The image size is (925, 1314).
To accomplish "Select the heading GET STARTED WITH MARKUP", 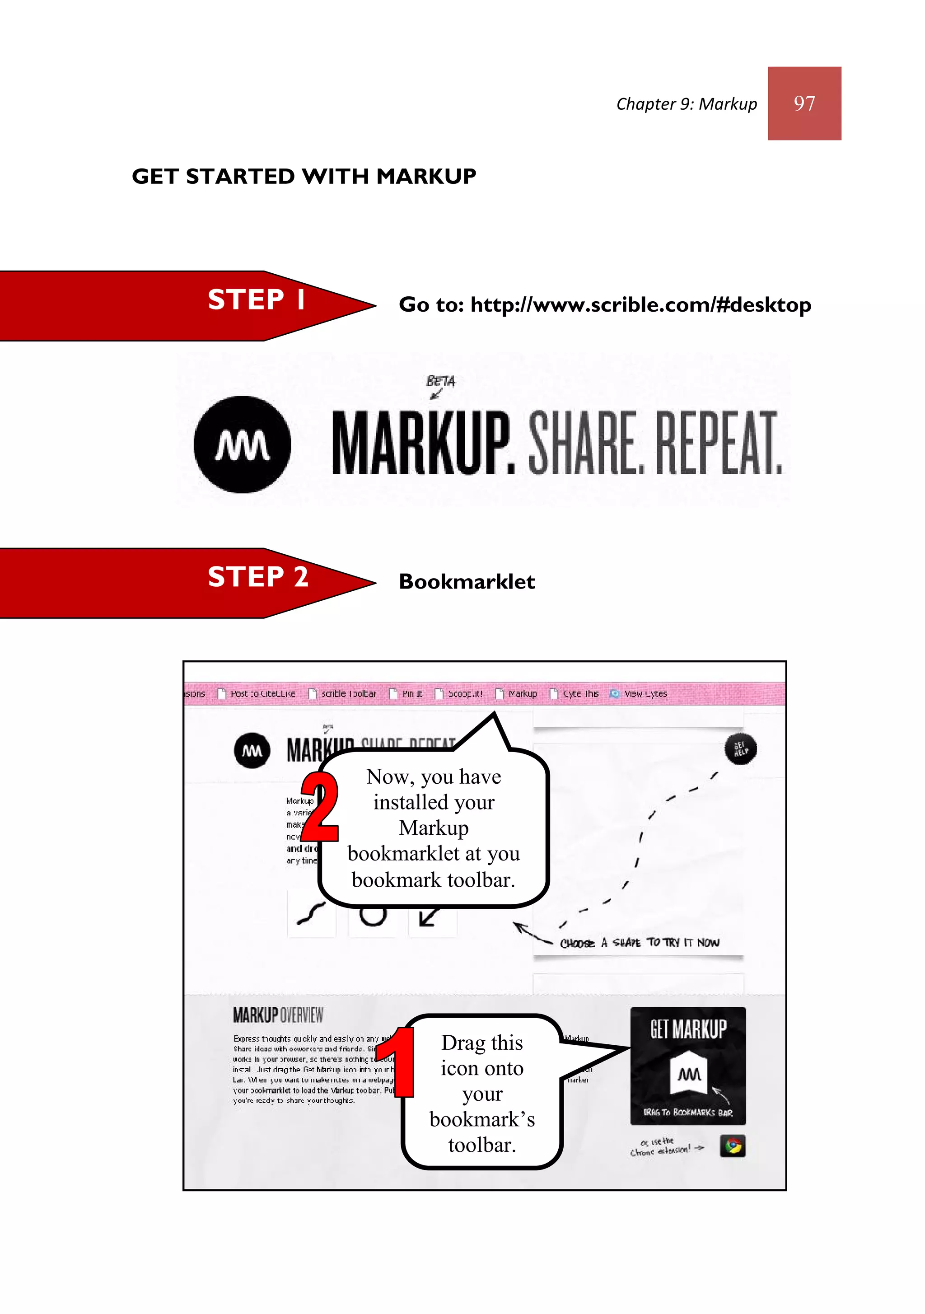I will pos(304,176).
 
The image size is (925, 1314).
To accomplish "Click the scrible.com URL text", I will pos(640,305).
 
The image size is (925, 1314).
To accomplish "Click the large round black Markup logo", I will pos(242,444).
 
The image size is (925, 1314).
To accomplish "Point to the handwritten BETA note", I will pos(441,381).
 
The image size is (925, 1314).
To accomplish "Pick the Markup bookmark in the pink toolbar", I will pos(522,694).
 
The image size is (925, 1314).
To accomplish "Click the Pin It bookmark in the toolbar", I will pos(411,694).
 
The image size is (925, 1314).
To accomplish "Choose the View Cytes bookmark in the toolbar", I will pos(645,694).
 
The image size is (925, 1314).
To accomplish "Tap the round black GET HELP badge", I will pos(741,748).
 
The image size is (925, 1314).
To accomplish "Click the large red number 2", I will pos(319,808).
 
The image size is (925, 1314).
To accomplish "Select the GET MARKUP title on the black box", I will pos(687,1029).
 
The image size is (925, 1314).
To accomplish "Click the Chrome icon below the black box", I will pos(733,1146).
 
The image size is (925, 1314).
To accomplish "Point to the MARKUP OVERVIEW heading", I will pos(278,1015).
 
